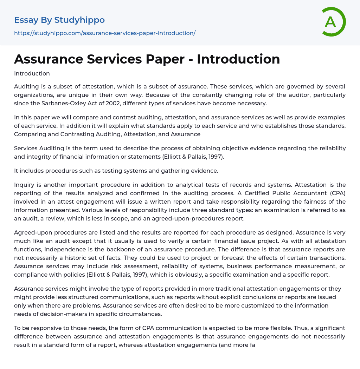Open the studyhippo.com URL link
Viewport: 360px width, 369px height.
click(104, 33)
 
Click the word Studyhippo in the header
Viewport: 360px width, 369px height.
click(79, 20)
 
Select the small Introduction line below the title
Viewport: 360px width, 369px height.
click(32, 73)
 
